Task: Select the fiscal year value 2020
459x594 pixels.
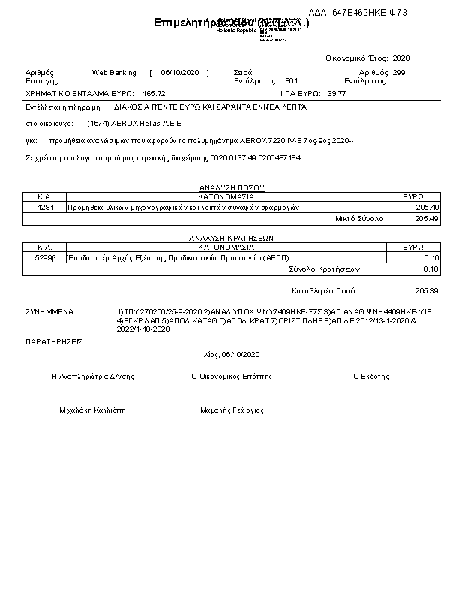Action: pyautogui.click(x=401, y=58)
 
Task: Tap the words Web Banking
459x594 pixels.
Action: pyautogui.click(x=114, y=73)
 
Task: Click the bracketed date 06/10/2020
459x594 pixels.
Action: pyautogui.click(x=178, y=73)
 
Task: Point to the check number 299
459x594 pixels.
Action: pyautogui.click(x=399, y=73)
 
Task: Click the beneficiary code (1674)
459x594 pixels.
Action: pyautogui.click(x=97, y=123)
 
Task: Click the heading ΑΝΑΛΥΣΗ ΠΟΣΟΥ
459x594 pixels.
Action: pyautogui.click(x=231, y=188)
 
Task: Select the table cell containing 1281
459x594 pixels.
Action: pyautogui.click(x=45, y=207)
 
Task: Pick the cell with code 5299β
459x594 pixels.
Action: pyautogui.click(x=45, y=257)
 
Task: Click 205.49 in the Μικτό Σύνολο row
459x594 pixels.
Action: pyautogui.click(x=426, y=219)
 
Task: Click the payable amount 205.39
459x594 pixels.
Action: pyautogui.click(x=426, y=290)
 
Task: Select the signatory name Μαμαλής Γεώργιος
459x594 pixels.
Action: pyautogui.click(x=232, y=410)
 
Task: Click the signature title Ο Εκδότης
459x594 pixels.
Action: pyautogui.click(x=370, y=376)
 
